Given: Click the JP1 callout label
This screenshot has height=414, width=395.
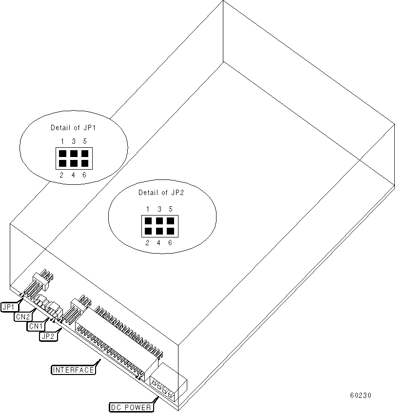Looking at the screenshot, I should (9, 307).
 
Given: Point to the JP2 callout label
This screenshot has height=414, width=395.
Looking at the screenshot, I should (48, 335).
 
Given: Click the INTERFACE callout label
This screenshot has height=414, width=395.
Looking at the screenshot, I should (73, 370).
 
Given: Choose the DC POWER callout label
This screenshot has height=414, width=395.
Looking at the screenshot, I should (130, 406).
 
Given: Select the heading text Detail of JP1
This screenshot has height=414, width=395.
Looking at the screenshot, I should (73, 128).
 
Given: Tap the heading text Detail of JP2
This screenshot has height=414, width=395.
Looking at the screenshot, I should (160, 193).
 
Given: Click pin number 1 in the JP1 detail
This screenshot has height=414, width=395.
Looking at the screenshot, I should (62, 141).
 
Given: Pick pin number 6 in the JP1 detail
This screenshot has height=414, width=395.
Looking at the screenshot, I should (84, 175).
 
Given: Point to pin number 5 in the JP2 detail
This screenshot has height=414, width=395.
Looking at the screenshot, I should (171, 209).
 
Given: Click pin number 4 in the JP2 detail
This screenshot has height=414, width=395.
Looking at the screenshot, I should (159, 242).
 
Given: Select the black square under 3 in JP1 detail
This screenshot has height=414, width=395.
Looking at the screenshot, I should (73, 153).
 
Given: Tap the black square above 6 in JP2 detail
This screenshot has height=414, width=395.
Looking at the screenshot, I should (171, 231).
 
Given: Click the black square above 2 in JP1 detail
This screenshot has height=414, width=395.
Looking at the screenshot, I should (62, 163).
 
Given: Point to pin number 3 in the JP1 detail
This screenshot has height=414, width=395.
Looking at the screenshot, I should (73, 141).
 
